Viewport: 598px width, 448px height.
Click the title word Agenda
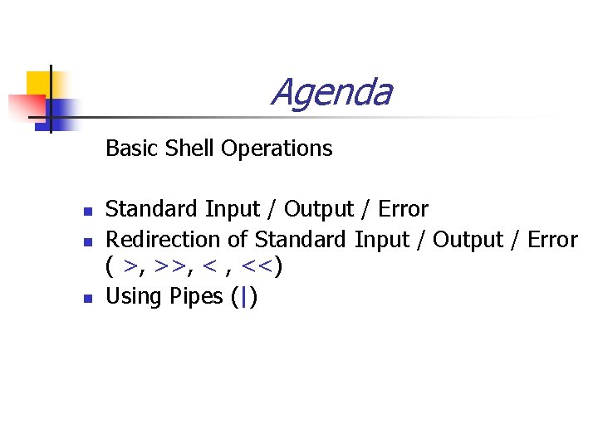pos(331,93)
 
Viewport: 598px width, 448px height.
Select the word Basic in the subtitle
pos(133,149)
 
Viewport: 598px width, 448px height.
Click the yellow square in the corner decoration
pos(38,83)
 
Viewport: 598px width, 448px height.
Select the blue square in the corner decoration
pos(60,110)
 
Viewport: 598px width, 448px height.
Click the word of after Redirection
pos(237,240)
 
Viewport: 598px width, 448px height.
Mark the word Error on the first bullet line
pos(401,209)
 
